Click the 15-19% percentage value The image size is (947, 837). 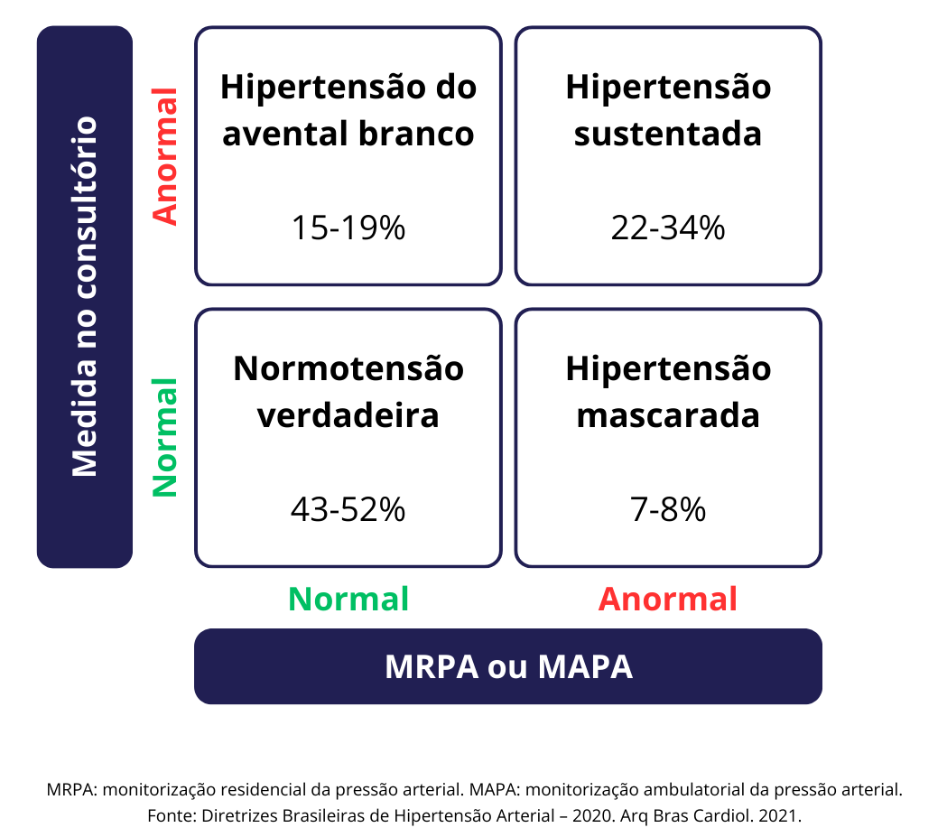click(348, 228)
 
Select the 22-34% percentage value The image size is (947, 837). click(668, 228)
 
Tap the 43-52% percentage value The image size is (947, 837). click(348, 510)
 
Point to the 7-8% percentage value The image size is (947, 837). click(668, 510)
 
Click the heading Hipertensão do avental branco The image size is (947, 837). click(348, 110)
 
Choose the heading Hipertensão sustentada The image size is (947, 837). click(668, 110)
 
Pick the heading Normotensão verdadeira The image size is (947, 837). click(348, 392)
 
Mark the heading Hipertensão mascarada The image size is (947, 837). click(668, 392)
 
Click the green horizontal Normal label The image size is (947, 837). click(348, 599)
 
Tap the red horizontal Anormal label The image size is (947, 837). click(668, 599)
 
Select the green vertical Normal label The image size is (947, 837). click(165, 438)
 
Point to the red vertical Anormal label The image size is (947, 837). click(165, 155)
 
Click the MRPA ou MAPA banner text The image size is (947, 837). click(508, 666)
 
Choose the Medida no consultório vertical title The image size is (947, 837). click(84, 296)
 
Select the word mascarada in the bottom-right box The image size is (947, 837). click(668, 415)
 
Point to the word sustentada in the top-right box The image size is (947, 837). click(668, 134)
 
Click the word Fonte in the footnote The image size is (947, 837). click(167, 815)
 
